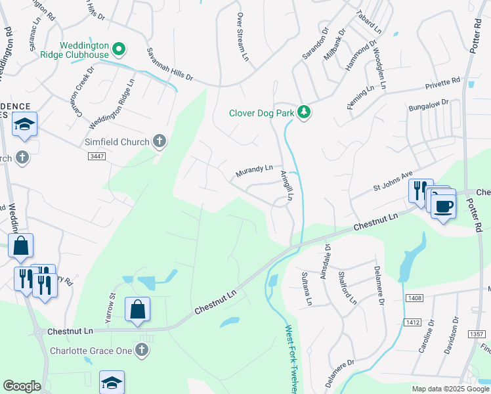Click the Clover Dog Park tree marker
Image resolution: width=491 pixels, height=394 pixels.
(303, 113)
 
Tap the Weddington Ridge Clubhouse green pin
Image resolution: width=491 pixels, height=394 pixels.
(119, 49)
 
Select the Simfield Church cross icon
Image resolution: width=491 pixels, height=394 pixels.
(159, 141)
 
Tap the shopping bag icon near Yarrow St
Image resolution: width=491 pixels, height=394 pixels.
(137, 309)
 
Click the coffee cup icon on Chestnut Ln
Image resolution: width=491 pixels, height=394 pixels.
(444, 205)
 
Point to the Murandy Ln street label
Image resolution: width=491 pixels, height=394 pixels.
(254, 171)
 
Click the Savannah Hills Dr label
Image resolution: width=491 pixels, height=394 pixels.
(170, 65)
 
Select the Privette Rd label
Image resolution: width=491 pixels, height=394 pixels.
(442, 82)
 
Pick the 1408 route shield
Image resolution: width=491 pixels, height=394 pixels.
(414, 298)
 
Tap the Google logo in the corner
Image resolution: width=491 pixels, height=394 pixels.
(22, 386)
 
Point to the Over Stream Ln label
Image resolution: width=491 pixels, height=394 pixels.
(243, 37)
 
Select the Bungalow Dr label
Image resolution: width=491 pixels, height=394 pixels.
(428, 104)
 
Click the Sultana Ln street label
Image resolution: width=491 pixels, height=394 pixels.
(305, 289)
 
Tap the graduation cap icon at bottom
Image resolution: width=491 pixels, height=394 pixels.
(112, 382)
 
